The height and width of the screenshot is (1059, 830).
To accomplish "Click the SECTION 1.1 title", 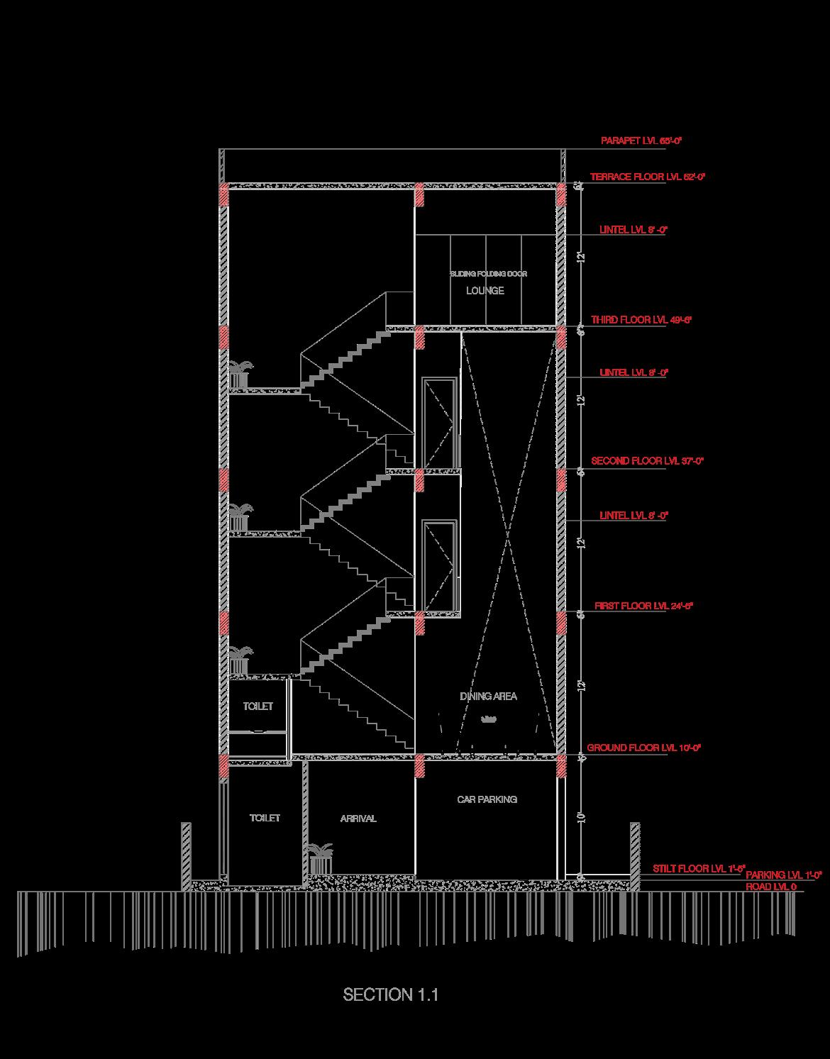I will point(391,994).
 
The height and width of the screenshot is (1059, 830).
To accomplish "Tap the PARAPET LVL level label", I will point(641,141).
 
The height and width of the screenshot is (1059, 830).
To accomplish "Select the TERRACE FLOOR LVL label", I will point(648,177).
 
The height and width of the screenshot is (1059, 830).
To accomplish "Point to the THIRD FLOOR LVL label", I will point(641,320).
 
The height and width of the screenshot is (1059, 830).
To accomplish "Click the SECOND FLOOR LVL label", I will point(646,461).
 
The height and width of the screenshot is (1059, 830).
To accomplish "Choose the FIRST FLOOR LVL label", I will point(643,606).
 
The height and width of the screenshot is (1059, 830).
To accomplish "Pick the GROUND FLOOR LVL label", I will point(643,748).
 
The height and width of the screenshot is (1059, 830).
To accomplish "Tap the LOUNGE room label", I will point(485,291).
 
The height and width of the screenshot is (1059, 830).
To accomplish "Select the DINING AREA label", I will point(488,697).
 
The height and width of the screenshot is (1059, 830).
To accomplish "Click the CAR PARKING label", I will point(487,799).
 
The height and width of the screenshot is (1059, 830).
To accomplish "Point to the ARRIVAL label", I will point(358,819).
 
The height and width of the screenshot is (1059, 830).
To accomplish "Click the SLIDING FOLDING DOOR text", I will point(488,274).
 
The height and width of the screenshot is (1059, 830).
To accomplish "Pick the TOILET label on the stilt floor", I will point(265,818).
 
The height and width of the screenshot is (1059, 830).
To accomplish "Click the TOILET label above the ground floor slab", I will point(258,706).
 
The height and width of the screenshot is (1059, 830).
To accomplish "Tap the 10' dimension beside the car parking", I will point(581,818).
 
